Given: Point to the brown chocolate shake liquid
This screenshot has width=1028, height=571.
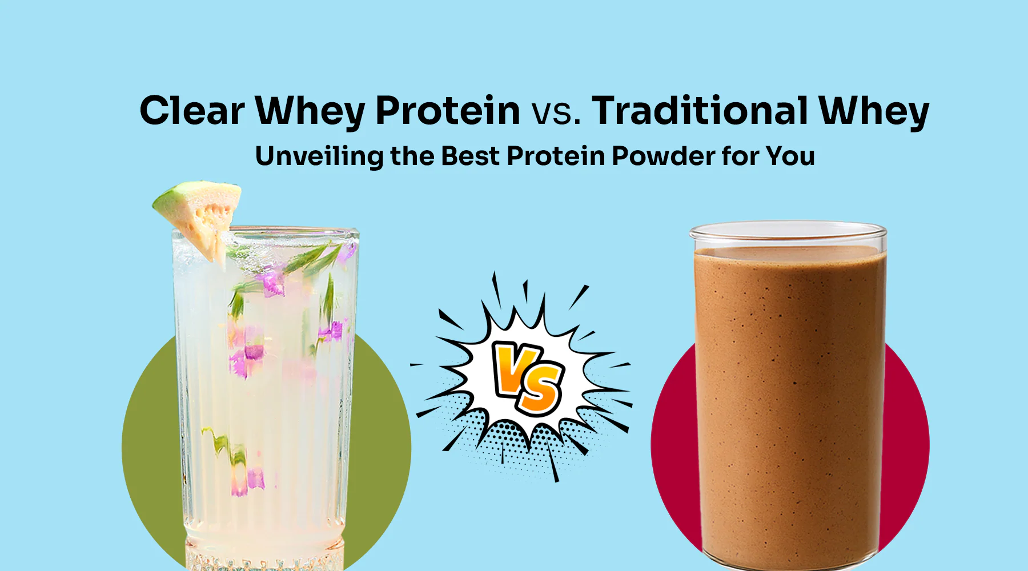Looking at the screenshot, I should pos(788,400).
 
